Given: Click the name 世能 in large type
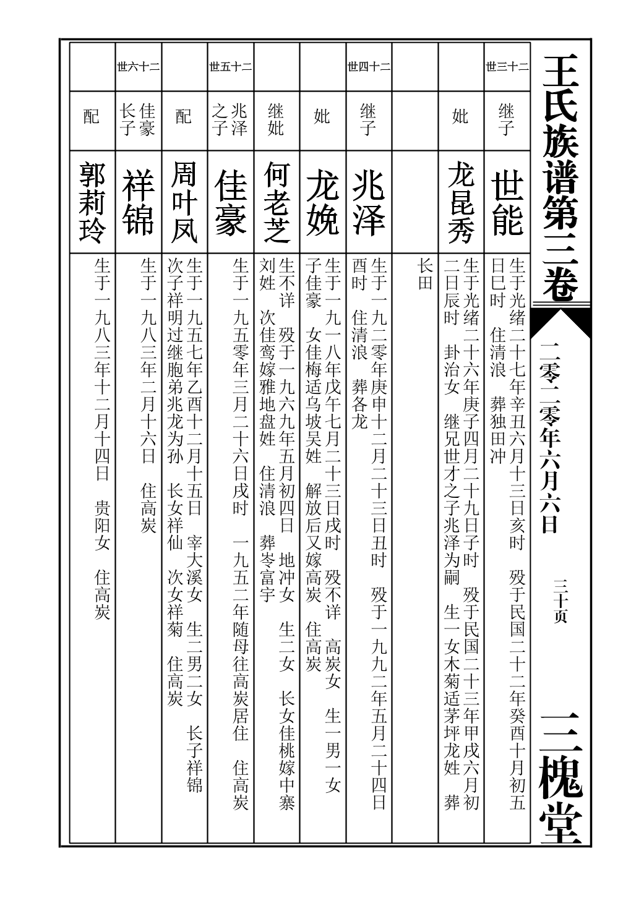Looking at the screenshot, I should tap(507, 203).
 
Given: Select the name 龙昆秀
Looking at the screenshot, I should tap(461, 203).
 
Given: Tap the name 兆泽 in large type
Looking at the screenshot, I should tap(369, 203).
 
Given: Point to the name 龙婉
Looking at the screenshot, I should tap(322, 203).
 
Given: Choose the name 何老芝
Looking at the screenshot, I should tap(276, 203).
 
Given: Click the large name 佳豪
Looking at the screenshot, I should tap(230, 203).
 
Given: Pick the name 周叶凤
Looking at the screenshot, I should tap(184, 203).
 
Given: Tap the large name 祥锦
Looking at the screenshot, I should tap(138, 203).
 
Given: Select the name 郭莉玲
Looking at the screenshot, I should tap(92, 203).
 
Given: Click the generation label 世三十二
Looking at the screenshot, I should tap(507, 67).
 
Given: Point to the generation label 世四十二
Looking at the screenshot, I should tap(369, 67).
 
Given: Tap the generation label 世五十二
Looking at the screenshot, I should tap(230, 67).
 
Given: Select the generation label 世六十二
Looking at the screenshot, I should tap(138, 67).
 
